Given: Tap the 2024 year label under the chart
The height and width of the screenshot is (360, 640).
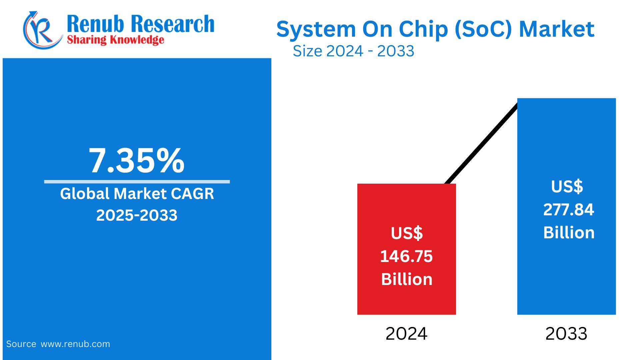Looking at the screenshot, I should pos(406,334).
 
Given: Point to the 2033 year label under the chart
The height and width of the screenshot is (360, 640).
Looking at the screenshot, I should pos(566,334).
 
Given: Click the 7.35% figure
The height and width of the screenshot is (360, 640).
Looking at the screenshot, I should pos(136,161).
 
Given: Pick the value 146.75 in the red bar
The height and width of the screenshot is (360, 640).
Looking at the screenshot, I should pos(406,256).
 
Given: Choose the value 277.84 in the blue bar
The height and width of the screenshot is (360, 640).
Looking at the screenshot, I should pos(568,210).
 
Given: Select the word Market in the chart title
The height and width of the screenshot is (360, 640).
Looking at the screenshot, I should pos(556,29).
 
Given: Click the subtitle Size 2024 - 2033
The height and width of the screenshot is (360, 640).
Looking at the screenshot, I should pos(353,51).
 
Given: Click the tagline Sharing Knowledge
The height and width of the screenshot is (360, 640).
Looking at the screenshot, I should pos(115,40).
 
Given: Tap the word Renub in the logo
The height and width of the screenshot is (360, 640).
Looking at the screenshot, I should pos(95,24).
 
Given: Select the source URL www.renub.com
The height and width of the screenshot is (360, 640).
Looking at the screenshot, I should pos(75,344).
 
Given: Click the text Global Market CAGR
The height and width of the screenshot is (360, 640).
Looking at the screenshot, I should pos(137,194).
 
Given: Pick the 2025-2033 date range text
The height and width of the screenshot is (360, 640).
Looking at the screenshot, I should pos(137,215).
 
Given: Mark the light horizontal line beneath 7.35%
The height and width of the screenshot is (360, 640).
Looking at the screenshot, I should pos(137,182).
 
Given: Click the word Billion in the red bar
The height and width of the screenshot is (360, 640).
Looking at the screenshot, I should pos(406,279).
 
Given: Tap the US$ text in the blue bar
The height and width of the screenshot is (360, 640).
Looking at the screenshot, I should pos(567,186).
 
